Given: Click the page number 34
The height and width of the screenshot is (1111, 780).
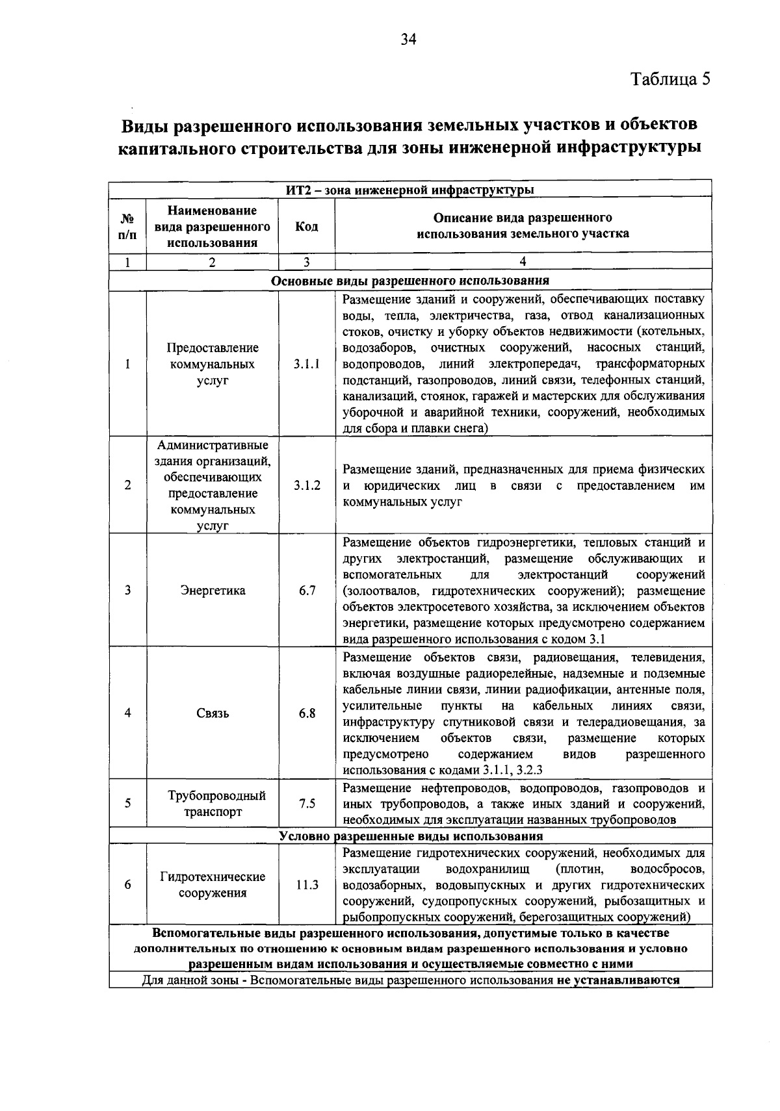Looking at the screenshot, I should coord(408,40).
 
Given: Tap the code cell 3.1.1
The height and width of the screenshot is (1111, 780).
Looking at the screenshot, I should coord(306,364).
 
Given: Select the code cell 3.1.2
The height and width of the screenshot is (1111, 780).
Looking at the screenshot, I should coord(306,485).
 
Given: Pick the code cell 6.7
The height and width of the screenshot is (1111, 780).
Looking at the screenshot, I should coord(307,591).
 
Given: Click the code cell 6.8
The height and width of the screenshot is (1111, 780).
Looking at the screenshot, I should coord(307,713).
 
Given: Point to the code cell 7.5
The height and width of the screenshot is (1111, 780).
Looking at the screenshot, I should coord(307,804).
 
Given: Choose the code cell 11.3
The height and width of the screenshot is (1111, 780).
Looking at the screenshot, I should coord(307,884).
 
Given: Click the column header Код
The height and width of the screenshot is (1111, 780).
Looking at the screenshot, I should coord(306,226).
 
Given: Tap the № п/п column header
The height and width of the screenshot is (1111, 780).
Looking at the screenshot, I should coord(127,226).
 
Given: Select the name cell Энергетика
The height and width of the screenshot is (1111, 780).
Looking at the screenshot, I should coord(213,591).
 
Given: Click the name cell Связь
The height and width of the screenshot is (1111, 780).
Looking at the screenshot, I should coord(213,713).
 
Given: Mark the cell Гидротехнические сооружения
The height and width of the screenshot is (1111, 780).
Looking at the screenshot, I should coord(213,884).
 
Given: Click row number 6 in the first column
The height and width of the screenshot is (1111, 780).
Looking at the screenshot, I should coord(127,884).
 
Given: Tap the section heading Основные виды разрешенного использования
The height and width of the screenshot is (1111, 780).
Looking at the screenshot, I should coord(409,281).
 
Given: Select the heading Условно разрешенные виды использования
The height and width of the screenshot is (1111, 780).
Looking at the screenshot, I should coord(411,836).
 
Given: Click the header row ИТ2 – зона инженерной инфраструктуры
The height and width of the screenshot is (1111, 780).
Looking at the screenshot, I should coord(409,190).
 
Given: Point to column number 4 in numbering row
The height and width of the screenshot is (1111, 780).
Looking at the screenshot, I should coord(523,262).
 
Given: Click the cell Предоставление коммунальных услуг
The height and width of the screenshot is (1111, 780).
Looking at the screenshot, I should coord(213,364).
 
